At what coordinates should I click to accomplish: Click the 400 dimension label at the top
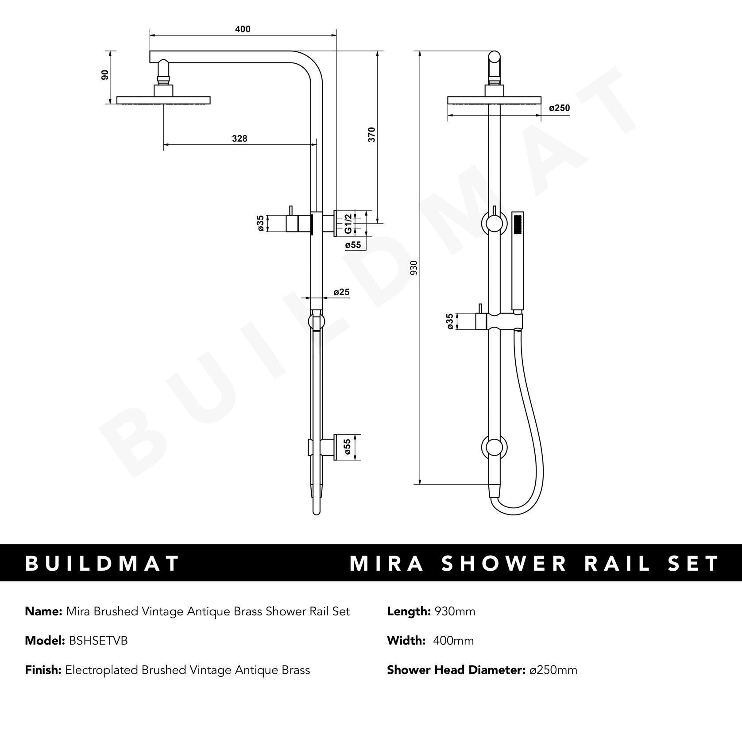tap(243, 29)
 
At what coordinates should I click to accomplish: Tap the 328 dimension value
tap(240, 139)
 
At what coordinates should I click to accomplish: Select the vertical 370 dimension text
tap(372, 134)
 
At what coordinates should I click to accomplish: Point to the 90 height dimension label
tap(105, 74)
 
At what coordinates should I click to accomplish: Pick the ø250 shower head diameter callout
tap(559, 108)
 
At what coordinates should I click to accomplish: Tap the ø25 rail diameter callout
tap(341, 292)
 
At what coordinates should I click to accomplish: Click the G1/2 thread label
tap(348, 224)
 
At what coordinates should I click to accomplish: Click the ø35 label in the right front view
tap(450, 321)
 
